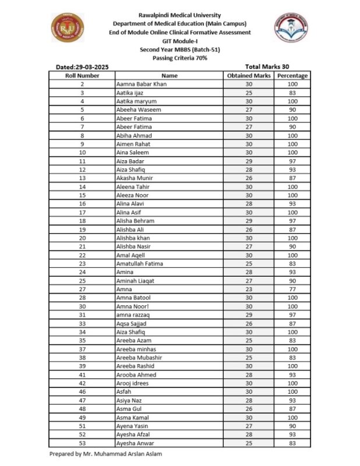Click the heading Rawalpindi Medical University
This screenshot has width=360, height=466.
(179, 13)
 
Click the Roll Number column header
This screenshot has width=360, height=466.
(82, 76)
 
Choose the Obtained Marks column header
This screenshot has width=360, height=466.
(249, 76)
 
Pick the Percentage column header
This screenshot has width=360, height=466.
(292, 76)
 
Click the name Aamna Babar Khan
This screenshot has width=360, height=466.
(142, 84)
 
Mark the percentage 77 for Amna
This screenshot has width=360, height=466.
(292, 289)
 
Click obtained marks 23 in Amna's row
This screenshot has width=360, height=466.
(249, 289)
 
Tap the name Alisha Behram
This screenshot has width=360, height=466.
(136, 221)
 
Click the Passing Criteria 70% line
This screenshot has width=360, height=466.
(179, 58)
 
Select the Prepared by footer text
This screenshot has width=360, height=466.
(105, 454)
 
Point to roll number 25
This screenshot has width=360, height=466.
(82, 281)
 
